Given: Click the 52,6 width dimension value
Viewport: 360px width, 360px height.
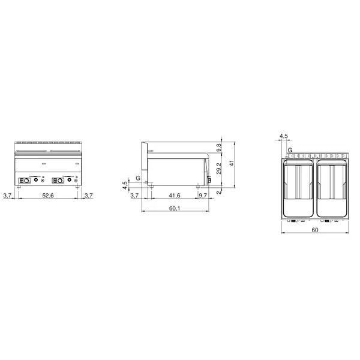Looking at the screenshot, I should (x=48, y=196).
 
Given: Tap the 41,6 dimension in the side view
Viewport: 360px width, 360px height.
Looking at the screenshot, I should (x=175, y=196).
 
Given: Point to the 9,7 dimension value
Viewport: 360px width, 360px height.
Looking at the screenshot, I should (x=203, y=196).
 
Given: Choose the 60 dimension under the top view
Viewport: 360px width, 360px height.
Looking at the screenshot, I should (x=314, y=230).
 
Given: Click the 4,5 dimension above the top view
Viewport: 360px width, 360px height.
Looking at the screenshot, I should (x=284, y=136).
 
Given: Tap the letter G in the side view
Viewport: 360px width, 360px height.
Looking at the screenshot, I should (x=138, y=178).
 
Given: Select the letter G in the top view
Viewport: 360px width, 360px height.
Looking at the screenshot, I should (x=290, y=149).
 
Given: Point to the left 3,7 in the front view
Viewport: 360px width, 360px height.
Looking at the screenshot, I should (x=7, y=196).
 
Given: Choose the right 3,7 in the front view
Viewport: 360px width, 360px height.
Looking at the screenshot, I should (x=89, y=196).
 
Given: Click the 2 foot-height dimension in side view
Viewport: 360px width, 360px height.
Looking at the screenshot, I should (x=219, y=192).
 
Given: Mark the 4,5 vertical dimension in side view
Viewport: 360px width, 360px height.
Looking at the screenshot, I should (x=125, y=185).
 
